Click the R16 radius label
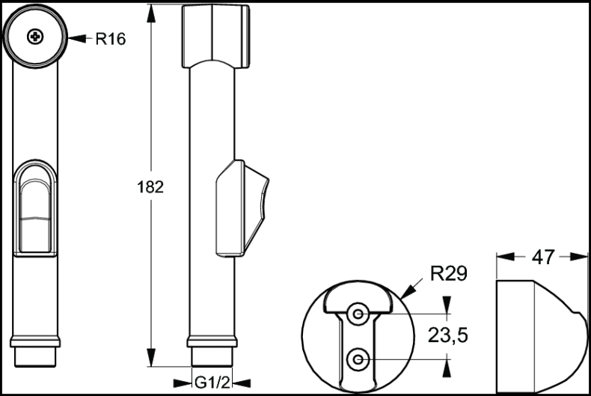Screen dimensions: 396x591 [110, 39]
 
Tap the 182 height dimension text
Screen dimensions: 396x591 [151, 186]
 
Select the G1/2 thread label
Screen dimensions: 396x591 [212, 383]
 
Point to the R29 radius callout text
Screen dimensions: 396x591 [449, 274]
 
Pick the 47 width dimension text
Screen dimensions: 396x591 [542, 257]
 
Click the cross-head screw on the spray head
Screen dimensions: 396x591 [35, 36]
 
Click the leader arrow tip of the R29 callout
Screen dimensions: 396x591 [404, 298]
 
